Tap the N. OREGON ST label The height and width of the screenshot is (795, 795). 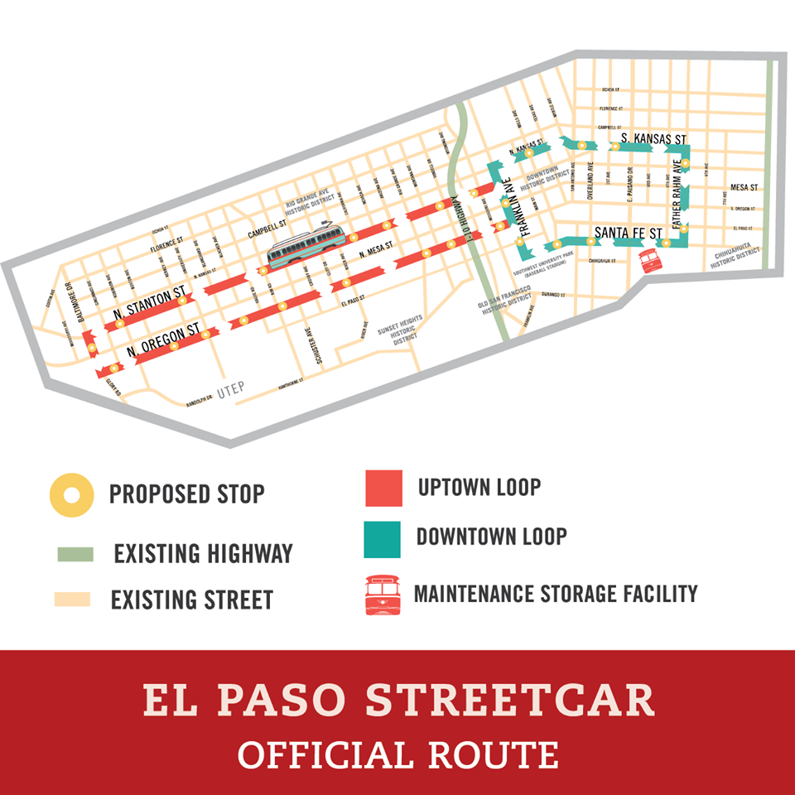tap(164, 339)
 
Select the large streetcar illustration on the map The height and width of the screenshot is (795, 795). tap(306, 246)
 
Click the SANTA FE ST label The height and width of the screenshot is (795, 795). tap(629, 233)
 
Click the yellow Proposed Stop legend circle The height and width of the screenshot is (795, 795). tap(72, 495)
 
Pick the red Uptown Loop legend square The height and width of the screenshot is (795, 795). tap(383, 488)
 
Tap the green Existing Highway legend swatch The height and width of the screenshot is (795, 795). tap(75, 554)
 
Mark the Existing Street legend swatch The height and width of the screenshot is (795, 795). tap(72, 599)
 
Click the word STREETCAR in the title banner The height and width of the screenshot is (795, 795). tap(510, 700)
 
